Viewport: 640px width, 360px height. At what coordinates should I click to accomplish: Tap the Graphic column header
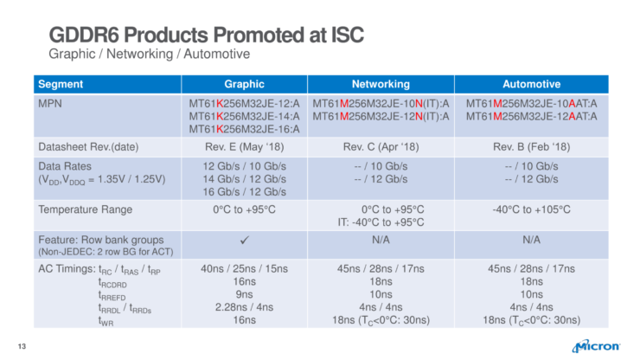pyautogui.click(x=245, y=84)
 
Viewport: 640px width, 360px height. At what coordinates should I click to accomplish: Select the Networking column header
pyautogui.click(x=381, y=84)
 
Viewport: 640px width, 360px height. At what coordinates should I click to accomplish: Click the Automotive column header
pyautogui.click(x=531, y=84)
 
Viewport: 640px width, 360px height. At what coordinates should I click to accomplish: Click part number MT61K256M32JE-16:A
pyautogui.click(x=245, y=129)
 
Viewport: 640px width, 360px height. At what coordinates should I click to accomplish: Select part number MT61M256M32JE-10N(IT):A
pyautogui.click(x=381, y=103)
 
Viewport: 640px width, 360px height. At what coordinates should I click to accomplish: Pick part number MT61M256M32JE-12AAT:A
pyautogui.click(x=531, y=116)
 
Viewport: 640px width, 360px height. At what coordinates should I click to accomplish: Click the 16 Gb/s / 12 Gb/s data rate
pyautogui.click(x=245, y=190)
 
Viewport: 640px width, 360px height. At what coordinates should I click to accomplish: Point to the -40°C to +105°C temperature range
pyautogui.click(x=531, y=209)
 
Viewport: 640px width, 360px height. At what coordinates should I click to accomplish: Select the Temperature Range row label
pyautogui.click(x=85, y=209)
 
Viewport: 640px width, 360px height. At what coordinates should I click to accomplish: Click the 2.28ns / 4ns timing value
pyautogui.click(x=245, y=307)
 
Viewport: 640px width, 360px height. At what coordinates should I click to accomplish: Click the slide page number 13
pyautogui.click(x=24, y=347)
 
